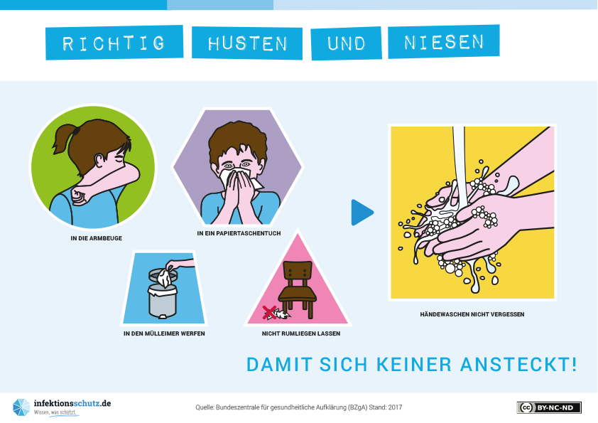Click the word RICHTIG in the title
pyautogui.click(x=114, y=43)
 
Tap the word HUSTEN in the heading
pyautogui.click(x=248, y=43)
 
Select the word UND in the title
pyautogui.click(x=347, y=43)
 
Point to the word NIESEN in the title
pyautogui.click(x=444, y=42)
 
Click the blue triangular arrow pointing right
pyautogui.click(x=361, y=213)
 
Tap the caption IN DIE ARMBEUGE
pyautogui.click(x=97, y=238)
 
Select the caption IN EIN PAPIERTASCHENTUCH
pyautogui.click(x=239, y=233)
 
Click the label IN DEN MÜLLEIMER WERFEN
pyautogui.click(x=164, y=333)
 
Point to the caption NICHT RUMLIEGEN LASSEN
pyautogui.click(x=301, y=333)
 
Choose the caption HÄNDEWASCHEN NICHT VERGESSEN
pyautogui.click(x=472, y=314)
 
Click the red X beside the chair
pyautogui.click(x=270, y=313)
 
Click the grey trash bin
pyautogui.click(x=163, y=293)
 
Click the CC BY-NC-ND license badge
pyautogui.click(x=549, y=408)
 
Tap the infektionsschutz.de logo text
pyautogui.click(x=72, y=404)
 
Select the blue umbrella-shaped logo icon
pyautogui.click(x=21, y=407)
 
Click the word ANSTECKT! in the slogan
pyautogui.click(x=518, y=364)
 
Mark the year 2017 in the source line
pyautogui.click(x=395, y=407)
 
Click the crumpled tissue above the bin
pyautogui.click(x=163, y=277)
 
